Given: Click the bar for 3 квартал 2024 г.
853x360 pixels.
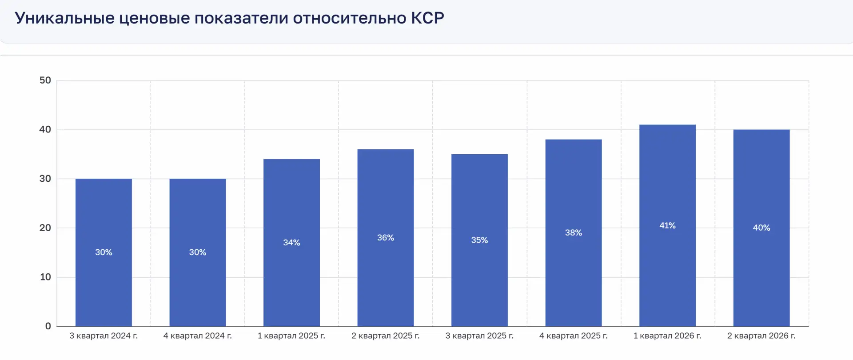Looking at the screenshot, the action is click(x=104, y=252).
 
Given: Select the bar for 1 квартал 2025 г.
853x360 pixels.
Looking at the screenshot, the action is click(x=291, y=243).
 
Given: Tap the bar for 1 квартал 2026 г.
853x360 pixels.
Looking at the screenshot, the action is click(x=667, y=225).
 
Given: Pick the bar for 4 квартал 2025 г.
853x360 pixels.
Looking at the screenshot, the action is click(x=574, y=233).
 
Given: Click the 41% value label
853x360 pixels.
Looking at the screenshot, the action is click(x=667, y=225).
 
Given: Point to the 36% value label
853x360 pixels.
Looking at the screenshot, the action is click(x=386, y=238).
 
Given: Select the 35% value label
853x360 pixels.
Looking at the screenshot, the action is click(x=479, y=240).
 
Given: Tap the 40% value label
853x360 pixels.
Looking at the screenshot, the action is click(x=761, y=228).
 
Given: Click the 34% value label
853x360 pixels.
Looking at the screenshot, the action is click(x=291, y=243).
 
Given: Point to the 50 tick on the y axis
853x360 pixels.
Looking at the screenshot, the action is click(x=45, y=80).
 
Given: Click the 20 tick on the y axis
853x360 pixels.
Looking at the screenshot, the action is click(x=45, y=228).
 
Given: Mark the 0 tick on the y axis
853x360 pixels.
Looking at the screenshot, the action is click(x=48, y=326).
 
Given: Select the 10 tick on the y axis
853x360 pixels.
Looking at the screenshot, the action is click(x=45, y=277).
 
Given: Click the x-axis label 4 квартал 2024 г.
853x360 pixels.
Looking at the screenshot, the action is click(x=198, y=336).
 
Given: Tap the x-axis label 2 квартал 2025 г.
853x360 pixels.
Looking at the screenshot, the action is click(x=386, y=336).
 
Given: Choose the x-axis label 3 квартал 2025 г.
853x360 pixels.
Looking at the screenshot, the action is click(x=479, y=336).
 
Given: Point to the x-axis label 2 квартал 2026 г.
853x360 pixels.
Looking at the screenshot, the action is click(x=761, y=336).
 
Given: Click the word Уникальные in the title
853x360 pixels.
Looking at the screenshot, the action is click(x=65, y=18).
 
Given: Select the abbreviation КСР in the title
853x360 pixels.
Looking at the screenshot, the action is click(x=427, y=18).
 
